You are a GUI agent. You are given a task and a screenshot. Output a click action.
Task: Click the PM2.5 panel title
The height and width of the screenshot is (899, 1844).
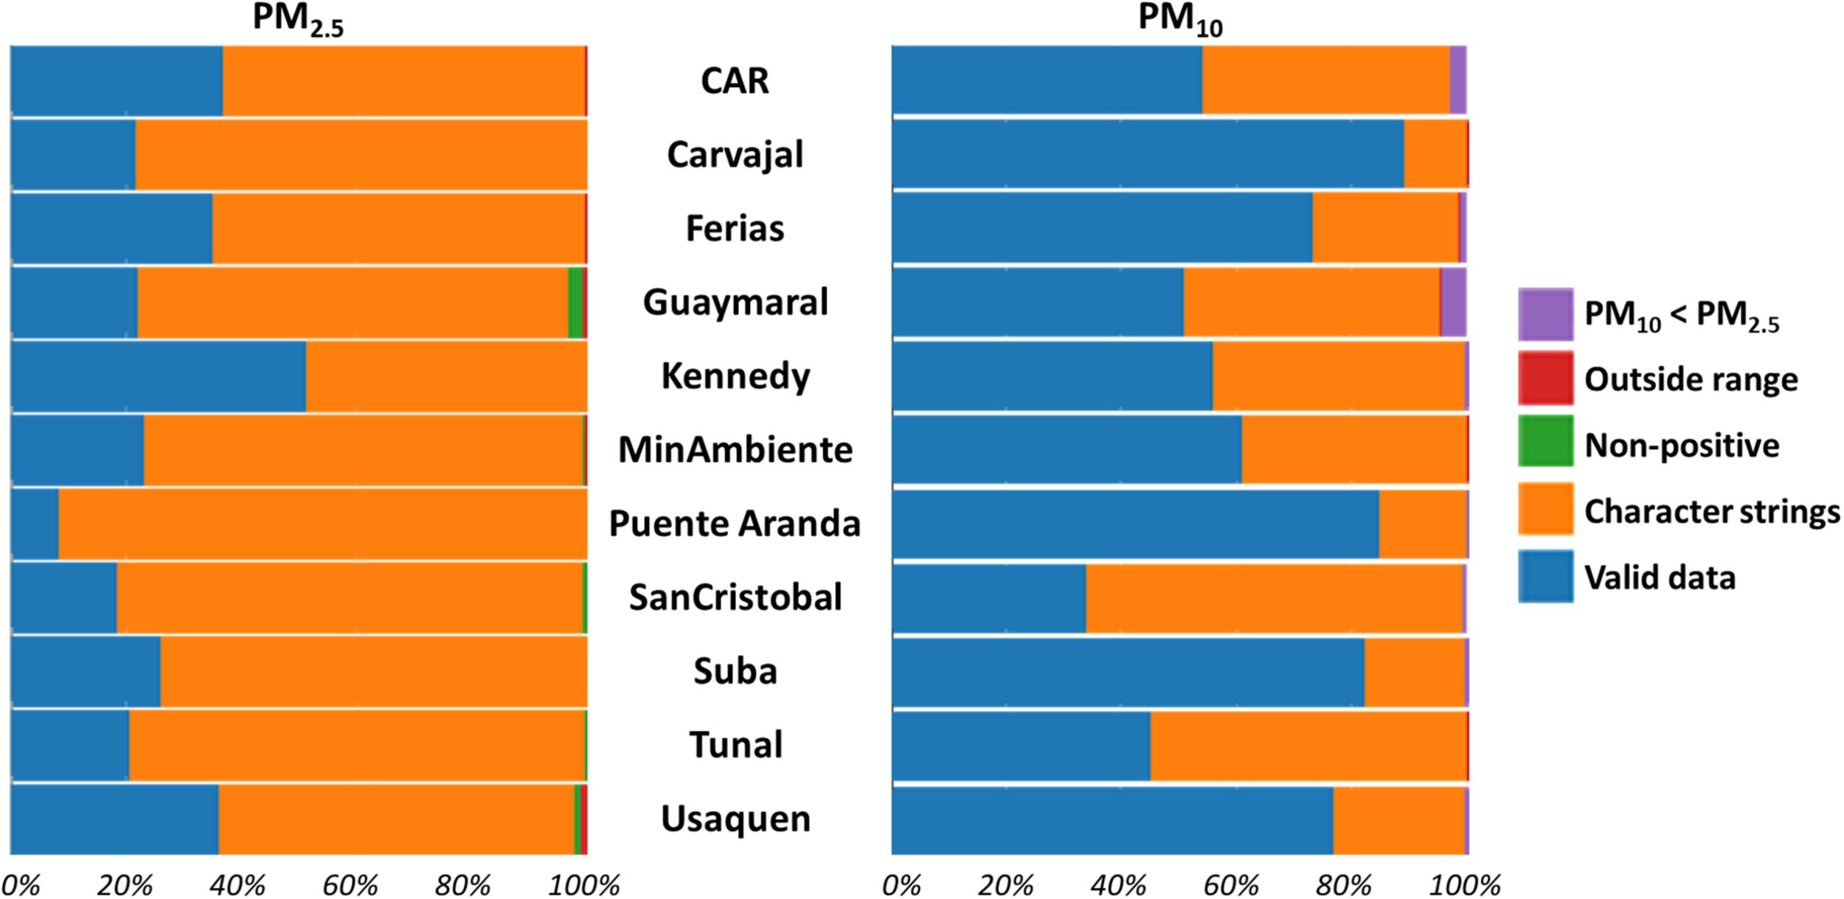[297, 19]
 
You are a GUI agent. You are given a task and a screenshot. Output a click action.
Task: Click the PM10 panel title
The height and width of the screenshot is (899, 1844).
[1179, 19]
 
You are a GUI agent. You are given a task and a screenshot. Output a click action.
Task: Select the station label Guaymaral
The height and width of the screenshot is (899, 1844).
[735, 302]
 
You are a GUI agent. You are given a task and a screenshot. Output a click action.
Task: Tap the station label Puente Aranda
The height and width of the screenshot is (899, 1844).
[735, 524]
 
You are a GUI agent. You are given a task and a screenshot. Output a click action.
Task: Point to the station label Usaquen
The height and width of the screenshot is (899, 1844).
[735, 819]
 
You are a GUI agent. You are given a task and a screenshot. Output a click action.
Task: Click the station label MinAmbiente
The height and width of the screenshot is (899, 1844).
[735, 450]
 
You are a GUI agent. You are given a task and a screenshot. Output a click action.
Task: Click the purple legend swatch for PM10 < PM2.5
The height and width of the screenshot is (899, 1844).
[1545, 314]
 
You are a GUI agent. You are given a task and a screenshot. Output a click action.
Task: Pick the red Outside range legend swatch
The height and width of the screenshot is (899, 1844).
[1545, 378]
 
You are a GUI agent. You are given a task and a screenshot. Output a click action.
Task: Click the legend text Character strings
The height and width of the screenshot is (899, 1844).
[1711, 511]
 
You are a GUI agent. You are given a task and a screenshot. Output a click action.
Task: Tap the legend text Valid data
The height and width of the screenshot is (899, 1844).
[1660, 577]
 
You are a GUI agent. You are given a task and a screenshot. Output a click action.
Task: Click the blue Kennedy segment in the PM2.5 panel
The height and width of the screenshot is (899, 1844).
[159, 376]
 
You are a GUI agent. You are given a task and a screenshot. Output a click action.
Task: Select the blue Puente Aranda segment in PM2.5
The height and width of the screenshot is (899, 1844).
[35, 524]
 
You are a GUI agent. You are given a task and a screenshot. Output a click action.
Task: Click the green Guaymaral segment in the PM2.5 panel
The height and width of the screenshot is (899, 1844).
[575, 302]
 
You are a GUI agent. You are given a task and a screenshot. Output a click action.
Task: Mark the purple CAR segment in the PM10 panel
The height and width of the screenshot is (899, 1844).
[1457, 80]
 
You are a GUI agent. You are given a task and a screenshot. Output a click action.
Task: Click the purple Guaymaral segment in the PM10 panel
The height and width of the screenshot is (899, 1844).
[1454, 302]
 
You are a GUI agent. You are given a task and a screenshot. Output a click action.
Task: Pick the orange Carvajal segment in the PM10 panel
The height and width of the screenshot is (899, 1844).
[1435, 154]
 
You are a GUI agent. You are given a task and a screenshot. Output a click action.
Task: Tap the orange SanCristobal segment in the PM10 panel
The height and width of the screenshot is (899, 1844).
[1274, 598]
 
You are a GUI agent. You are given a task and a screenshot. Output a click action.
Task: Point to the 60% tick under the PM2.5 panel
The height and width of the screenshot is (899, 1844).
[350, 885]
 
